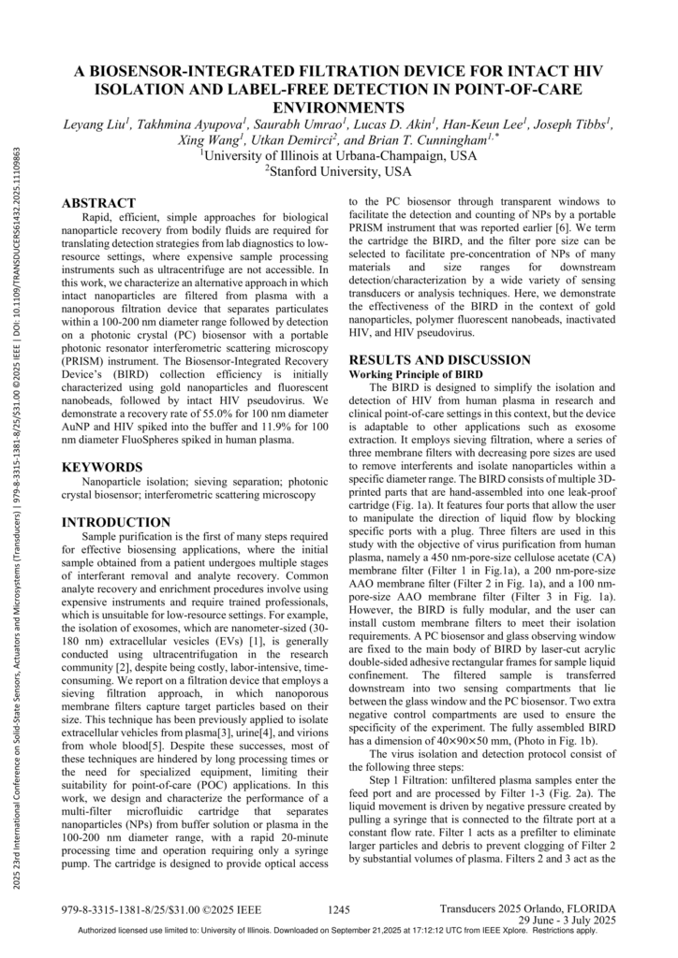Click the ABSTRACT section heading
[98, 202]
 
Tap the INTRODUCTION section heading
[116, 521]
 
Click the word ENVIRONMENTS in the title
[338, 107]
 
